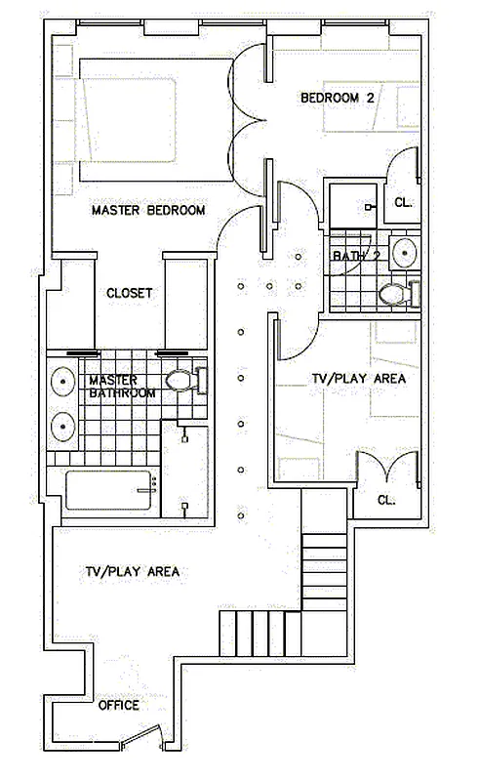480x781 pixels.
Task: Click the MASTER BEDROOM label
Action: coord(148,210)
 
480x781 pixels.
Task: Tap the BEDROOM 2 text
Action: coord(337,98)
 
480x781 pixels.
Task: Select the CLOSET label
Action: coord(130,292)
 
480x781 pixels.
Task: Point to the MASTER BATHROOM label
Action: coord(122,387)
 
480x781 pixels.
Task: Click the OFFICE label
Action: coord(118,705)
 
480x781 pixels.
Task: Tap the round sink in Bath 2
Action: coord(403,253)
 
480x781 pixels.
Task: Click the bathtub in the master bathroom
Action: coord(109,489)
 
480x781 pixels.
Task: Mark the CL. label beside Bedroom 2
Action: coord(403,203)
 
